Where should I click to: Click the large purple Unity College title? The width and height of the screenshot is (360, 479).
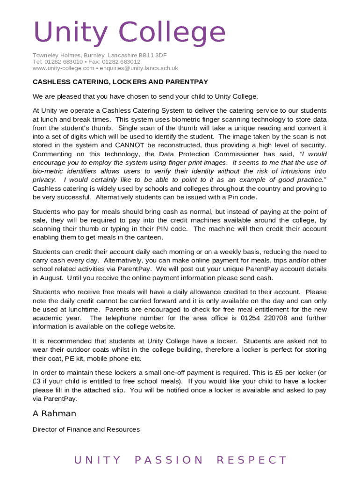coord(129,33)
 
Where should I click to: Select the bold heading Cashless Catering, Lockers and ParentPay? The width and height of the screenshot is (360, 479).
coord(120,82)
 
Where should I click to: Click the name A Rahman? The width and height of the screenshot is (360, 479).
coord(54,414)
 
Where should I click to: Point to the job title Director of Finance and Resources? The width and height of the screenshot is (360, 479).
coord(86,429)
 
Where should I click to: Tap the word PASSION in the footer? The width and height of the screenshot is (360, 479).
coord(169,460)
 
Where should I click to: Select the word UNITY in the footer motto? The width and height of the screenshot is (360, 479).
coord(97,460)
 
